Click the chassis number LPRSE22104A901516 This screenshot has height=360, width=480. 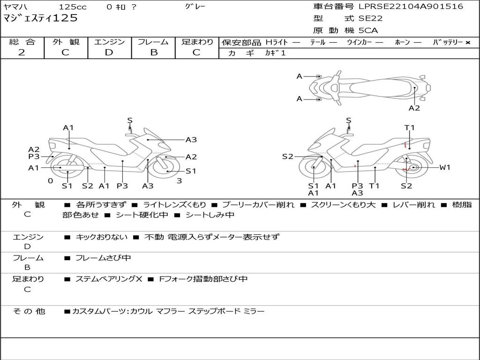[411, 7]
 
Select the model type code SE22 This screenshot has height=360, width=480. [370, 19]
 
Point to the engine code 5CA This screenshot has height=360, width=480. [368, 30]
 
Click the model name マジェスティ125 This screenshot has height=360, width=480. [40, 19]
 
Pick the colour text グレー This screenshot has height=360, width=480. [195, 7]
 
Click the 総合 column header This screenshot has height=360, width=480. [22, 42]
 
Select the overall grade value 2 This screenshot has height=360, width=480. [22, 52]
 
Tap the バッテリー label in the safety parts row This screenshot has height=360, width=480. [448, 42]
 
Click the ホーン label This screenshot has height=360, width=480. [402, 42]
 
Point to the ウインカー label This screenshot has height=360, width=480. [360, 42]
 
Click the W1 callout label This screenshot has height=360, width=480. [444, 167]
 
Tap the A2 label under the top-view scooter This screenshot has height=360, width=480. [414, 108]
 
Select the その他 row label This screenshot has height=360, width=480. [29, 311]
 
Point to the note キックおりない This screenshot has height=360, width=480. [101, 237]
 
